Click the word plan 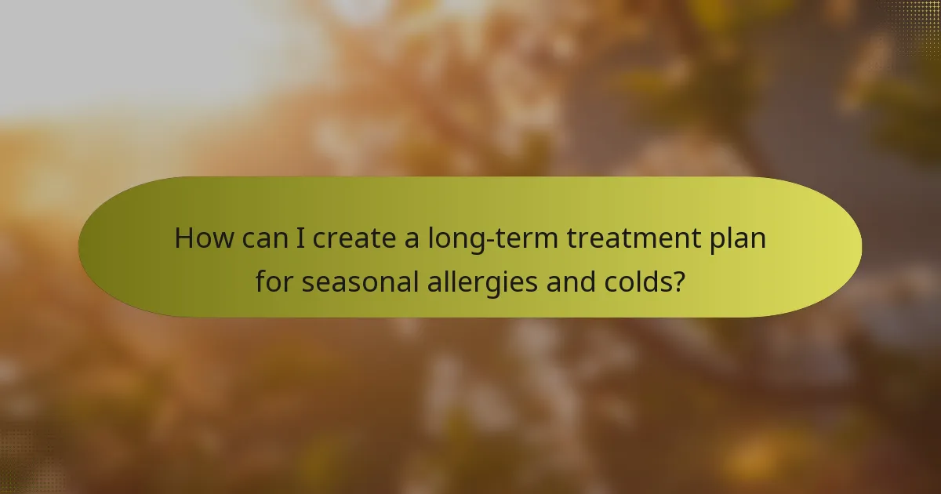pos(739,239)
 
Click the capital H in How pos(183,238)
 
